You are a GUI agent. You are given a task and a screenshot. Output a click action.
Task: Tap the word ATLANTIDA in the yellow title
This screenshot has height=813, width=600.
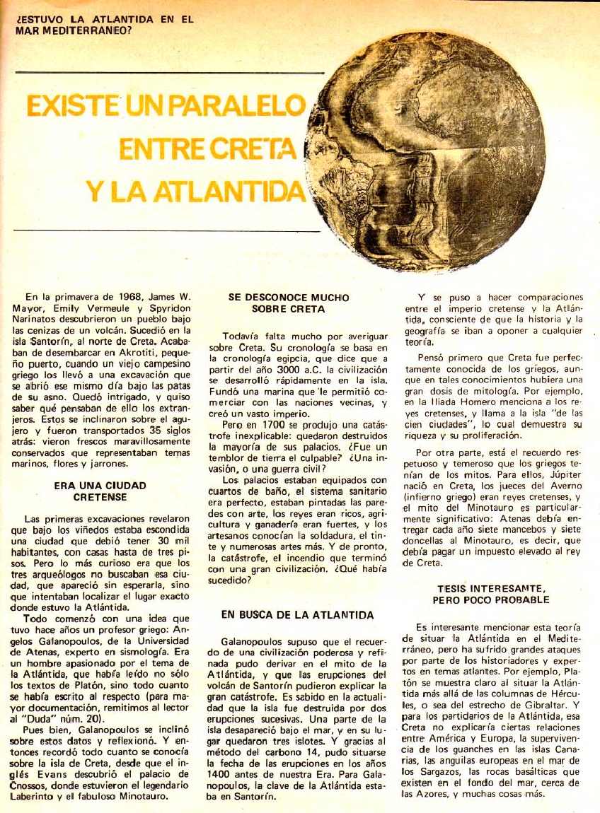(236, 191)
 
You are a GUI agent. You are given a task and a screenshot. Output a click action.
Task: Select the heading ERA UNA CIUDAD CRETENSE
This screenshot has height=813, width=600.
(100, 492)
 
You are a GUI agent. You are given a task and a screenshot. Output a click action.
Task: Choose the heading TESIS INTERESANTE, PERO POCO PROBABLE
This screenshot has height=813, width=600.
(492, 595)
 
